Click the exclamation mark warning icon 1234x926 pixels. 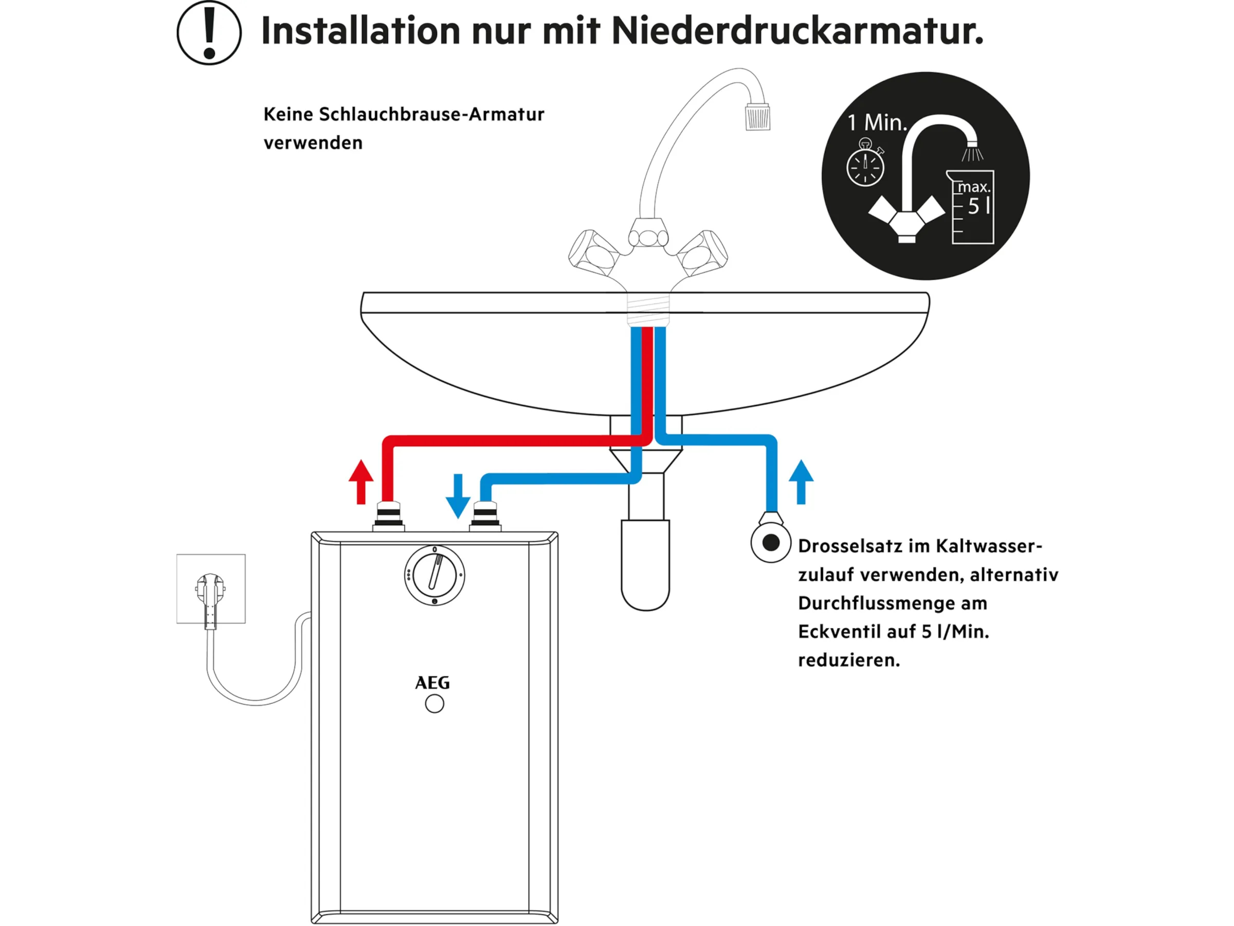click(209, 32)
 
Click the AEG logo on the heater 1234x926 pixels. click(432, 683)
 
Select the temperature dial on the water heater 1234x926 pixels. click(434, 575)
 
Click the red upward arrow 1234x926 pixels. click(361, 481)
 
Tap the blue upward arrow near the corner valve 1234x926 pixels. click(801, 481)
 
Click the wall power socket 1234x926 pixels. click(211, 589)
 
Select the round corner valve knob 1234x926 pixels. click(770, 543)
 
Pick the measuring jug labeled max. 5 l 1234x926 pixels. click(972, 207)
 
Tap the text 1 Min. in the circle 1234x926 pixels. click(878, 123)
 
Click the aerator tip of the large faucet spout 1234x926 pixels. click(757, 117)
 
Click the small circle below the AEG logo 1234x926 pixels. click(434, 704)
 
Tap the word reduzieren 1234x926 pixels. click(848, 661)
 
